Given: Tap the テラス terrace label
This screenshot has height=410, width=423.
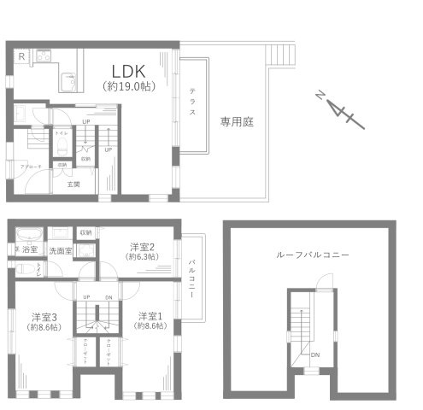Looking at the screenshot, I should tap(192, 106).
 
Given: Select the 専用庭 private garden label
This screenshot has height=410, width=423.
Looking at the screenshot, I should tap(237, 121).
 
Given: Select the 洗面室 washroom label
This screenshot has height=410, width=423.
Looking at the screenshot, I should tap(61, 251).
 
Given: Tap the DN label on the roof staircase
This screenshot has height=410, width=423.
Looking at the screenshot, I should tap(315, 355).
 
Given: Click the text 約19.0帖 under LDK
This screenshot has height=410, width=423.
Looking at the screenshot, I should tap(126, 86).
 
